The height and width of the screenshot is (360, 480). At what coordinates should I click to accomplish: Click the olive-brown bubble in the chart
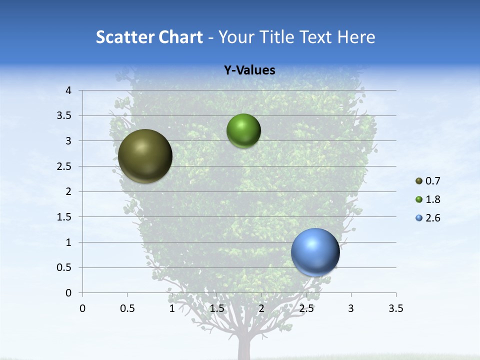pyautogui.click(x=145, y=156)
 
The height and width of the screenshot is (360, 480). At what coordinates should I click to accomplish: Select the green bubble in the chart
pyautogui.click(x=243, y=131)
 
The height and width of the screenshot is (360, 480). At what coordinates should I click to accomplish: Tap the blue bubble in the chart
pyautogui.click(x=315, y=252)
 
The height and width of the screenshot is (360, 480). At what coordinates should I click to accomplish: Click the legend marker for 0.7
pyautogui.click(x=419, y=181)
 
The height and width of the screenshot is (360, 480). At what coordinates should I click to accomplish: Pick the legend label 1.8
pyautogui.click(x=433, y=199)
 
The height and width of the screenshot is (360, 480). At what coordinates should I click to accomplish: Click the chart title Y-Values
pyautogui.click(x=249, y=70)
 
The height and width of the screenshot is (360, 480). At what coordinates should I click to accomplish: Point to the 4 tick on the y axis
pyautogui.click(x=68, y=90)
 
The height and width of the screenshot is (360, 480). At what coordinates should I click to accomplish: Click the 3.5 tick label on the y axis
pyautogui.click(x=65, y=115)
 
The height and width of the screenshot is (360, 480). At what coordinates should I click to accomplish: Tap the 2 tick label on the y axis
pyautogui.click(x=68, y=191)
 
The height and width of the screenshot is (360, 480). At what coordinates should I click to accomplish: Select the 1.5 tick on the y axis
pyautogui.click(x=65, y=217)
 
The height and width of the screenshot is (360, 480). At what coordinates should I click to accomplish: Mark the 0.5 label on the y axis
pyautogui.click(x=65, y=267)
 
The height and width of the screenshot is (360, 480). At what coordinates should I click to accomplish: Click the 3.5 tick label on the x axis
pyautogui.click(x=395, y=308)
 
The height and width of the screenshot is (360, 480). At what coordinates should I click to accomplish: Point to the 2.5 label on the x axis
pyautogui.click(x=306, y=308)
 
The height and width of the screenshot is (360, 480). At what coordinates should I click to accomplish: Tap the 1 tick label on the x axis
pyautogui.click(x=172, y=308)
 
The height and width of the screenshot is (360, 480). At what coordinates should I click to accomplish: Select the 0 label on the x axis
pyautogui.click(x=82, y=308)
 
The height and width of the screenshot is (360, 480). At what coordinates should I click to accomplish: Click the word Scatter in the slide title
pyautogui.click(x=123, y=37)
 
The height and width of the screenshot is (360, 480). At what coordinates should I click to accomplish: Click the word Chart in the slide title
pyautogui.click(x=178, y=37)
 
